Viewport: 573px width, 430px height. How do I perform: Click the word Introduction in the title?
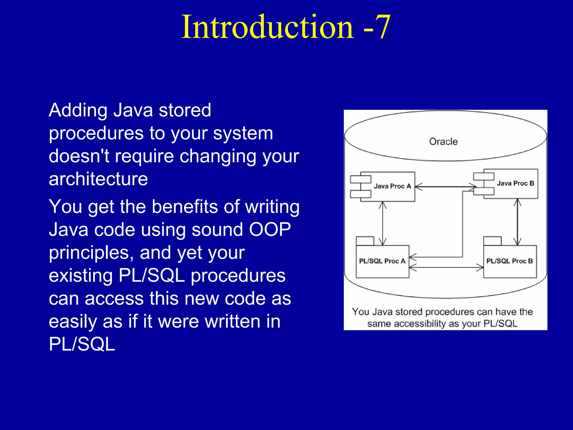tap(267, 27)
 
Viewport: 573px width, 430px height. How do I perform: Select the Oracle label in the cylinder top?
tap(443, 142)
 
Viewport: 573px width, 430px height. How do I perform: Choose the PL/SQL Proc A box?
tap(382, 261)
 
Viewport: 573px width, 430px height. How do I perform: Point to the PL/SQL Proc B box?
tap(510, 261)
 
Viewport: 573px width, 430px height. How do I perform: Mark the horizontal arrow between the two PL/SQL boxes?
tap(446, 268)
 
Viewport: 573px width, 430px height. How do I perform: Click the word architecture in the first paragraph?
tap(98, 179)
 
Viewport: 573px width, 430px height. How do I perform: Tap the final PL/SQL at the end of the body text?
tap(82, 344)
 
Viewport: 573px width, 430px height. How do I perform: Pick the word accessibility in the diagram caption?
tap(420, 324)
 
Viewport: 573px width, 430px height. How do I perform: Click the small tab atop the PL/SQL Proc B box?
tap(492, 241)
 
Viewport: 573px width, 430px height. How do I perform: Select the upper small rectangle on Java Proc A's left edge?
tap(360, 179)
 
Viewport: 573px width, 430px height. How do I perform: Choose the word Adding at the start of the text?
tap(78, 110)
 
